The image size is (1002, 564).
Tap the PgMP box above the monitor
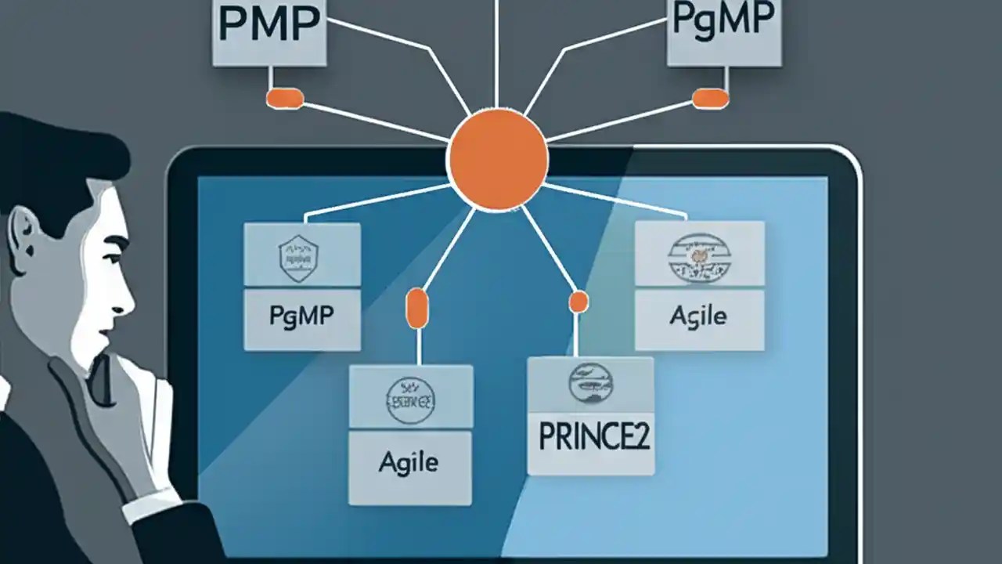pyautogui.click(x=723, y=31)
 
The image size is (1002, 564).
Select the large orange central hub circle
pyautogui.click(x=497, y=159)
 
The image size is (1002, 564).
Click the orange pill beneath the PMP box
pyautogui.click(x=285, y=98)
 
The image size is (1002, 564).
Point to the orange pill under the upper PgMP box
pyautogui.click(x=710, y=98)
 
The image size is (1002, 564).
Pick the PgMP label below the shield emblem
pyautogui.click(x=301, y=317)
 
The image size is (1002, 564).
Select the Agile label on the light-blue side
pyautogui.click(x=698, y=316)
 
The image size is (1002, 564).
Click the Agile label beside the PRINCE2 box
pyautogui.click(x=409, y=462)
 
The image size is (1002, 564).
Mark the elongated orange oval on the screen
pyautogui.click(x=416, y=308)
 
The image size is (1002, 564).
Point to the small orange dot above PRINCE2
pyautogui.click(x=578, y=302)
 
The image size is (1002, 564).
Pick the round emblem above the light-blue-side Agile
pyautogui.click(x=698, y=256)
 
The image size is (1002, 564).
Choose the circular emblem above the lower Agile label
pyautogui.click(x=410, y=400)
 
